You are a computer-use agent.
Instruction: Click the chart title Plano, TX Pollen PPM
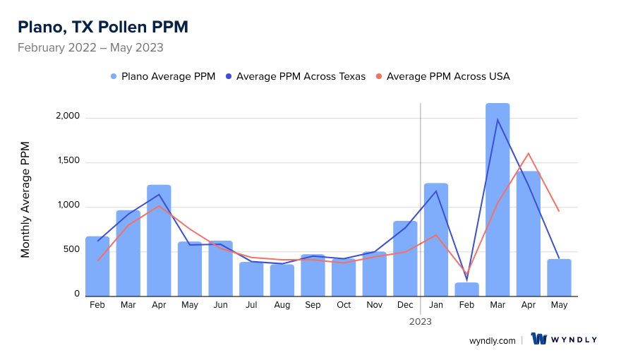pos(103,28)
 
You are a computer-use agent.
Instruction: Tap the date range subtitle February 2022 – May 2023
pos(90,48)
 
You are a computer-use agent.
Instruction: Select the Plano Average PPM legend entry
pos(163,76)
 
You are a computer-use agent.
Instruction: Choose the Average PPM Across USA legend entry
pos(442,76)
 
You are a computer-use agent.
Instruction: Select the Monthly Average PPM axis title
pos(26,199)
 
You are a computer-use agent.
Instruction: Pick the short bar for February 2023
pos(466,289)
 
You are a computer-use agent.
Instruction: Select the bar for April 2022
pos(159,240)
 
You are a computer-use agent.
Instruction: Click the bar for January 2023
pos(436,239)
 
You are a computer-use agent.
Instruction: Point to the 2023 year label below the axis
pos(421,321)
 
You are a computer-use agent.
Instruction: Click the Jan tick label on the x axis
pos(436,305)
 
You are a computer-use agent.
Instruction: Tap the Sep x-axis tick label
pos(313,305)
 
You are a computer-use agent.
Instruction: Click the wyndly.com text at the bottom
pos(492,340)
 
